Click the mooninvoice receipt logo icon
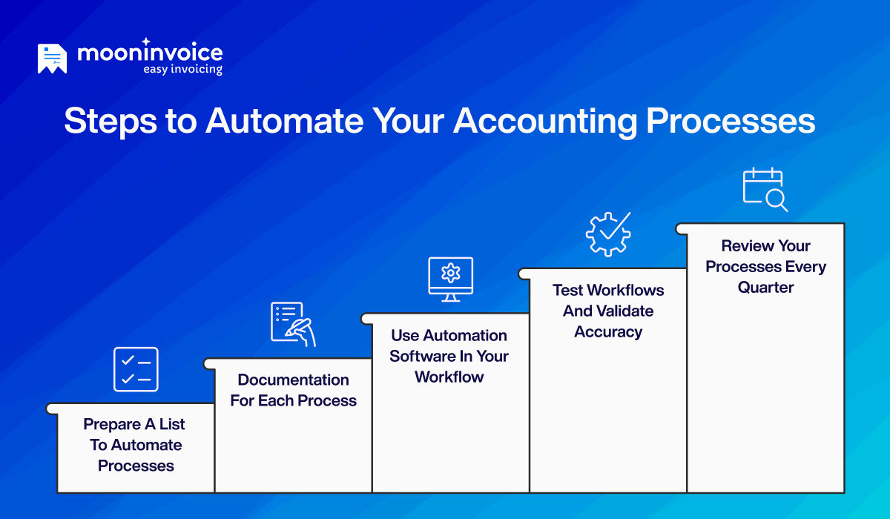tap(52, 59)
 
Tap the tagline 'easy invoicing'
tap(182, 69)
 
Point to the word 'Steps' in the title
tap(108, 120)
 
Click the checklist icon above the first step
tap(136, 369)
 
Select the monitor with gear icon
tap(450, 279)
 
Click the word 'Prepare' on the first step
tap(111, 424)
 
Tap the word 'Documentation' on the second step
tap(293, 380)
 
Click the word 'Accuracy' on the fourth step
tap(608, 331)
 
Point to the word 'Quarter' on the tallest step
tap(765, 288)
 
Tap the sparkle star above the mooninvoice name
tap(146, 42)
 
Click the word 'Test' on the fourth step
tap(567, 290)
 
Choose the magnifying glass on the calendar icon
tap(777, 199)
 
